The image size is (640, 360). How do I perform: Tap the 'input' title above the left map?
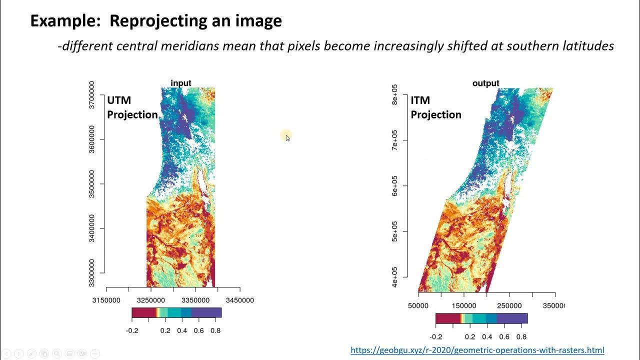[181, 83]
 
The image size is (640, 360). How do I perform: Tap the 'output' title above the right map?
[485, 83]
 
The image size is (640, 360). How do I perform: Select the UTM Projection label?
[132, 107]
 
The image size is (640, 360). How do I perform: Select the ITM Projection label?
[435, 107]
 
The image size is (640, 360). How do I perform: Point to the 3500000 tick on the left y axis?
[92, 184]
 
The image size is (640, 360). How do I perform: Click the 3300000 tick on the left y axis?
[92, 273]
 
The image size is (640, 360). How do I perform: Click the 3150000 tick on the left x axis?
[106, 300]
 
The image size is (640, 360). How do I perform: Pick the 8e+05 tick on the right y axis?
[395, 94]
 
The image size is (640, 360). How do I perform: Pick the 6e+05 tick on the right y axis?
[395, 186]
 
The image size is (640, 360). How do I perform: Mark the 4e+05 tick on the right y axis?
[395, 277]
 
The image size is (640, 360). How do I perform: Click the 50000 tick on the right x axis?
[418, 305]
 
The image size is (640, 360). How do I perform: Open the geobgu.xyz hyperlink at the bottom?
[477, 350]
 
